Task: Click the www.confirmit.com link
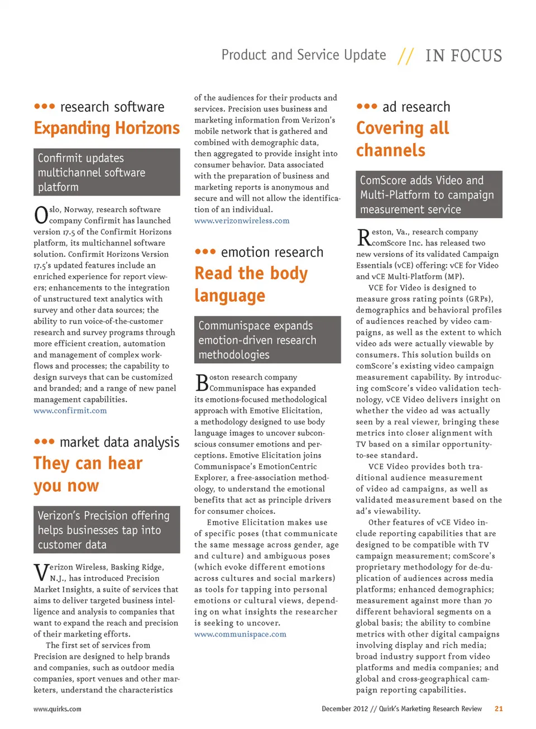(x=70, y=411)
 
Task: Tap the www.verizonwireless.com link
(x=242, y=221)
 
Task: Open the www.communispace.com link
(x=240, y=634)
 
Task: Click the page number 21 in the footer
(x=499, y=708)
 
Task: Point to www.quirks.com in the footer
(x=57, y=709)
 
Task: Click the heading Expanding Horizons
(x=107, y=128)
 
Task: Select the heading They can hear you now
(x=88, y=474)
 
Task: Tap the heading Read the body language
(x=251, y=284)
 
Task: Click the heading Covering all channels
(x=402, y=139)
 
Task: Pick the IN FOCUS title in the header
(x=463, y=56)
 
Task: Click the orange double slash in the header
(x=406, y=56)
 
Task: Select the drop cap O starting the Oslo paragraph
(x=41, y=215)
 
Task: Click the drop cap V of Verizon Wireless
(x=41, y=572)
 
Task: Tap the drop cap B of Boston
(x=202, y=383)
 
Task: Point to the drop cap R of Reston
(x=363, y=237)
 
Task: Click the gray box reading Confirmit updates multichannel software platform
(x=107, y=172)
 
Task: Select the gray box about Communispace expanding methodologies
(x=267, y=340)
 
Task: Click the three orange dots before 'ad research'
(x=367, y=106)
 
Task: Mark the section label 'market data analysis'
(x=119, y=442)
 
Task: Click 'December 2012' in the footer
(x=344, y=708)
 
